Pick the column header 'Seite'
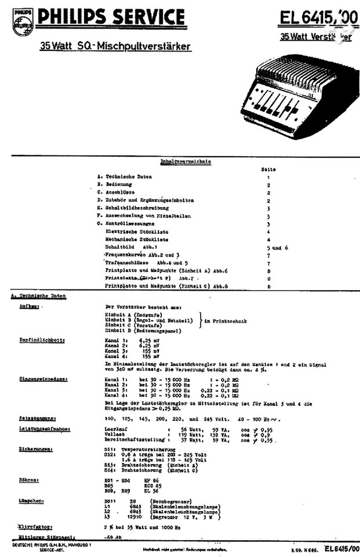[x=268, y=169]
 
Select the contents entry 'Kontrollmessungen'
[x=130, y=223]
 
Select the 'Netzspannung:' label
[x=37, y=417]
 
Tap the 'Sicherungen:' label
[x=35, y=449]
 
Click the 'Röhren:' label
[x=29, y=480]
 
